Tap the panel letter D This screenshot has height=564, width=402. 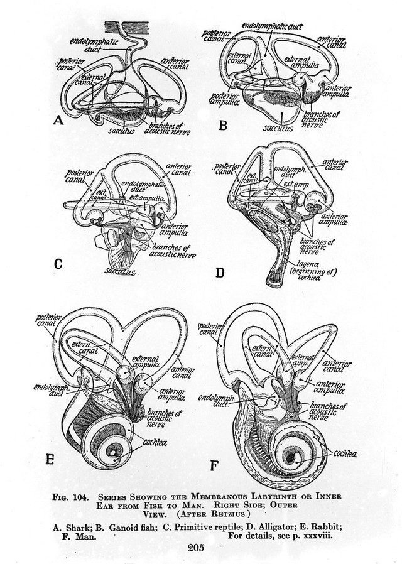coord(219,273)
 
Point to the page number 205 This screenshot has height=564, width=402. coord(200,548)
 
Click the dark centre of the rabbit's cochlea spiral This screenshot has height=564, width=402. coord(114,451)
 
